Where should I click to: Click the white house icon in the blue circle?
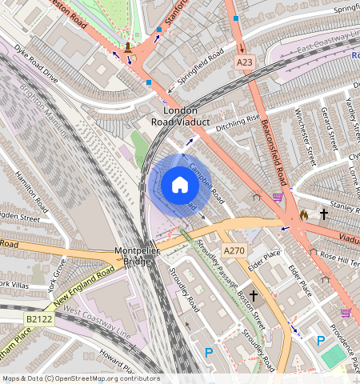click(180, 186)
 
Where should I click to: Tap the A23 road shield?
click(244, 62)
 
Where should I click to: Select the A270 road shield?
click(234, 251)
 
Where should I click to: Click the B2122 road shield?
click(38, 319)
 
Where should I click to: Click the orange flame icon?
click(303, 215)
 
